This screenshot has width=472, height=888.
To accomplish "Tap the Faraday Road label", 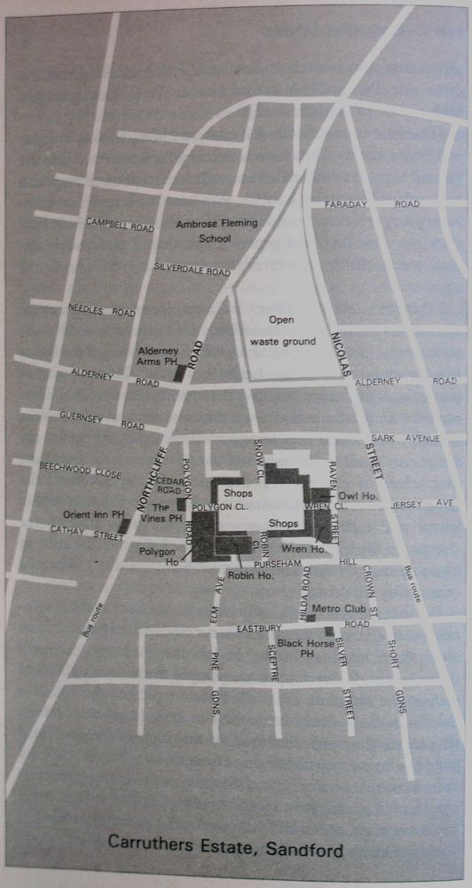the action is (x=371, y=204).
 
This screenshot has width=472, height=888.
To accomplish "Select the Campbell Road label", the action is (x=120, y=224).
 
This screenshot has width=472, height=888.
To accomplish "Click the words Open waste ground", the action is (x=282, y=330).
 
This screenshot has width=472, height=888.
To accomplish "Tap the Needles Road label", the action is (x=102, y=311).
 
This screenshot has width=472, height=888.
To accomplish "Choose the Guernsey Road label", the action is (x=101, y=419).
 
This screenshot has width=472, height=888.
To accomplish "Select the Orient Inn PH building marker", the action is (x=124, y=527).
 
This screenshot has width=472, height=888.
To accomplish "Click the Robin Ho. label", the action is (x=251, y=575).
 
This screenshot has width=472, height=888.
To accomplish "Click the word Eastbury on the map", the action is (x=259, y=628).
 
